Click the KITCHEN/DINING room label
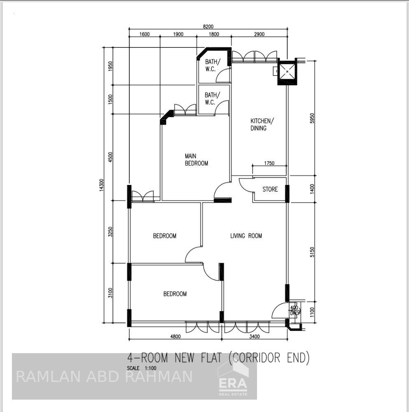tap(261, 124)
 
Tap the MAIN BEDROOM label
tap(196, 160)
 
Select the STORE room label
tap(270, 190)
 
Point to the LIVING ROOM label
tap(246, 236)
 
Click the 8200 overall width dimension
tap(208, 26)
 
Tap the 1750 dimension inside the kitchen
tap(269, 164)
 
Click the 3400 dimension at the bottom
tap(255, 336)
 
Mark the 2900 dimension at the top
tap(259, 34)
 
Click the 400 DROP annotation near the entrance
tap(294, 310)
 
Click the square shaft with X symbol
tap(287, 72)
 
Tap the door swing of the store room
tap(245, 185)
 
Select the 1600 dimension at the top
tap(145, 34)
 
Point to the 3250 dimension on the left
tap(110, 232)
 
